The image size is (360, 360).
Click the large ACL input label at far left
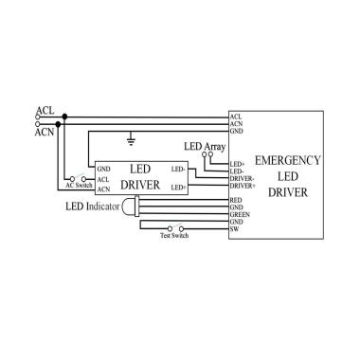(x=45, y=111)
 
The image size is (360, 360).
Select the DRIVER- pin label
(x=242, y=177)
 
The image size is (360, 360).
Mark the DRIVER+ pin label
(x=242, y=186)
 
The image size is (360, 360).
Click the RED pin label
(x=236, y=201)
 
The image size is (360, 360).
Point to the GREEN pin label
(x=239, y=215)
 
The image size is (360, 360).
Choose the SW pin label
(x=234, y=229)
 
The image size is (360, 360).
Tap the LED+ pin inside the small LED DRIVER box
(x=177, y=187)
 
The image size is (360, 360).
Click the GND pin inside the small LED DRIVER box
(x=103, y=169)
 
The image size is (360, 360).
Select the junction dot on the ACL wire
(x=63, y=118)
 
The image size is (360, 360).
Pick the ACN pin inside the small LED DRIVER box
(x=103, y=187)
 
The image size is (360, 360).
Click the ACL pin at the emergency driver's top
(x=235, y=117)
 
